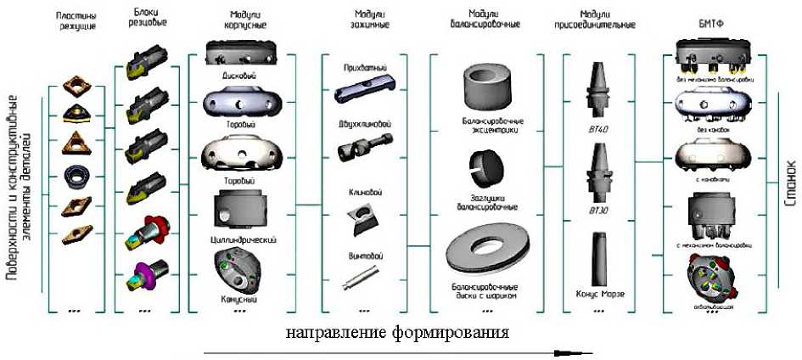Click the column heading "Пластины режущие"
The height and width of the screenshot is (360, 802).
click(x=76, y=20)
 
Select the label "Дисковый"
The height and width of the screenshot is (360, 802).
click(x=240, y=76)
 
